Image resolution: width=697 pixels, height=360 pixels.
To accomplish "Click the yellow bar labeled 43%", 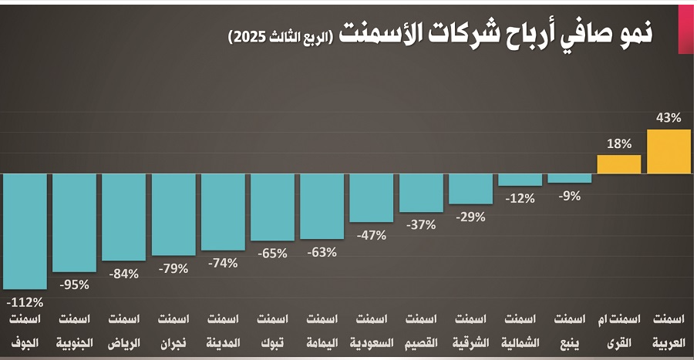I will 668,152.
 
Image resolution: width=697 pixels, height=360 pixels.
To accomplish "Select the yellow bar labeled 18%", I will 619,164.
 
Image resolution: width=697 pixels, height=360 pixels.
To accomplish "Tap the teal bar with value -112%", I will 25,231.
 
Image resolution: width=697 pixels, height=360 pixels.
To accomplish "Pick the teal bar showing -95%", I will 74,223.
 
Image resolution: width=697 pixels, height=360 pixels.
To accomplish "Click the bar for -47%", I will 372,197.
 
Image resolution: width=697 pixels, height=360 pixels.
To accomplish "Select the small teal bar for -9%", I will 570,178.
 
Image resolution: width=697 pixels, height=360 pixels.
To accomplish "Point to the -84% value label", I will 124,273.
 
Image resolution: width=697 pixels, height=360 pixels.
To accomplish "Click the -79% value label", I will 173,268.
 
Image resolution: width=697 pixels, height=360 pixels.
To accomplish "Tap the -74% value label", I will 223,263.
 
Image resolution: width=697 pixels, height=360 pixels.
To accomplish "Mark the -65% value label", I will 272,253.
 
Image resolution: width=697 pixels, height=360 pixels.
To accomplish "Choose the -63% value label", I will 322,252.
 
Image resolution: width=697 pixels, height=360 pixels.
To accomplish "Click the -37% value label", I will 421,225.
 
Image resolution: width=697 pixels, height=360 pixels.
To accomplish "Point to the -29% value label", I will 470,217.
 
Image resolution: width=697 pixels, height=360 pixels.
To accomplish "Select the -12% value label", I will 520,198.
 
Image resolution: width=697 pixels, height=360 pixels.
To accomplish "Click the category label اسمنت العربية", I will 668,330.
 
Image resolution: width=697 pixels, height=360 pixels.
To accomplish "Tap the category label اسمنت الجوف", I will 25,330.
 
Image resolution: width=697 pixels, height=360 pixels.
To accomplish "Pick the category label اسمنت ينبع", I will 570,330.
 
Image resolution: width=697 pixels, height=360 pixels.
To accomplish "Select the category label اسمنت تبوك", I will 272,330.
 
